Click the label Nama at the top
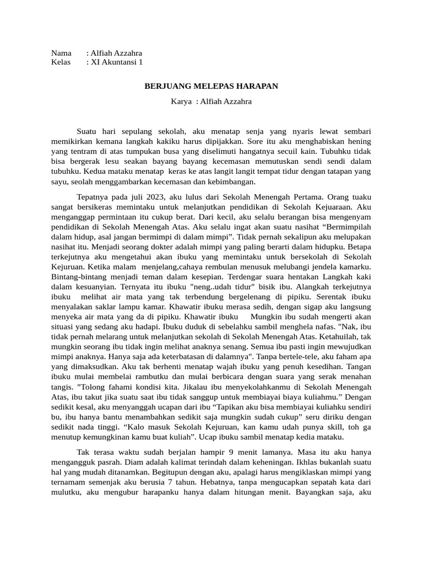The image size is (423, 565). (x=61, y=53)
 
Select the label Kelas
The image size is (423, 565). (x=61, y=62)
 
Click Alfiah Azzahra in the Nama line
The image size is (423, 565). (x=116, y=53)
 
